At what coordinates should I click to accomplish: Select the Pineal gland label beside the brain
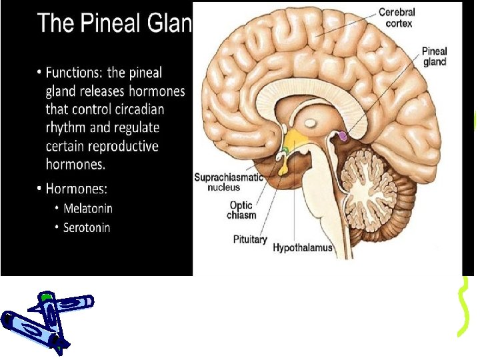click(x=434, y=56)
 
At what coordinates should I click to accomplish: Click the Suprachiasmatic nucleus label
click(x=229, y=182)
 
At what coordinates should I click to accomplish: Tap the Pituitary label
click(x=249, y=238)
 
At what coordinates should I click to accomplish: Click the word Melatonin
click(x=88, y=208)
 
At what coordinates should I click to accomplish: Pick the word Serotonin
click(x=87, y=227)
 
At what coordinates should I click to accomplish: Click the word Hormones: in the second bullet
click(x=77, y=189)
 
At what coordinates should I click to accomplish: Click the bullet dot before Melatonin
click(x=57, y=209)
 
